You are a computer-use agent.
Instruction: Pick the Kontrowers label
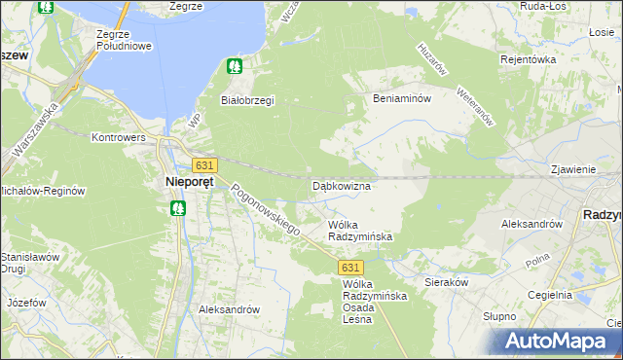click(119, 138)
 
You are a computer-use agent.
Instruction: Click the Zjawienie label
click(572, 168)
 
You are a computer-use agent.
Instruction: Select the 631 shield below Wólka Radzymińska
click(352, 267)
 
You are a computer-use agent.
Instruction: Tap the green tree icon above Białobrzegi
click(234, 67)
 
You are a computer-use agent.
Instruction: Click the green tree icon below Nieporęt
click(178, 207)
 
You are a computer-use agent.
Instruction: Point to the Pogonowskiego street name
click(265, 209)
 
